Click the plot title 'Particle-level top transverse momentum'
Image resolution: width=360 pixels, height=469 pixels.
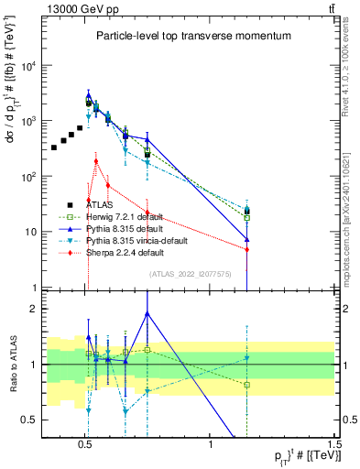click(193, 36)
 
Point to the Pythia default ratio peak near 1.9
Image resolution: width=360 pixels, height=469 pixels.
click(147, 313)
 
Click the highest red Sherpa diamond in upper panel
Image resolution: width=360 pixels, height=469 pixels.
click(96, 161)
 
